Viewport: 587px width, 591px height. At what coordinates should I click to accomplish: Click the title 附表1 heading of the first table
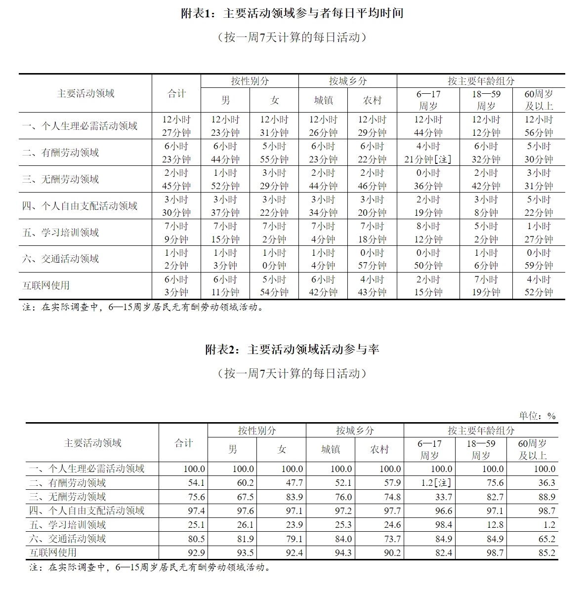[x=293, y=13]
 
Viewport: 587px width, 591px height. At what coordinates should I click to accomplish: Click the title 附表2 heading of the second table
[x=293, y=350]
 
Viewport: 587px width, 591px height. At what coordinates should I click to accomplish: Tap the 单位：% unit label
[x=537, y=416]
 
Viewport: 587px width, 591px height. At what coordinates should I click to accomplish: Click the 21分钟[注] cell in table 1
[x=428, y=159]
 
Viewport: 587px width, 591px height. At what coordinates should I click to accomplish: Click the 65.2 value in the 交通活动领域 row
[x=546, y=539]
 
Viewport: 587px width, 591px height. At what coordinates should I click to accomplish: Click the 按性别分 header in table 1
[x=250, y=81]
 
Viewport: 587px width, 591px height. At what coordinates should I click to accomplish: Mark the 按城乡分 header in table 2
[x=355, y=431]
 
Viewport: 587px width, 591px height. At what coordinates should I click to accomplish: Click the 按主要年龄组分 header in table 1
[x=481, y=81]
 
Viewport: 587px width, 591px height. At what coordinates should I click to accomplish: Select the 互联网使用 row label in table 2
[x=53, y=552]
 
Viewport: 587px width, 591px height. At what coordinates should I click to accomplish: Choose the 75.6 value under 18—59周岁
[x=495, y=483]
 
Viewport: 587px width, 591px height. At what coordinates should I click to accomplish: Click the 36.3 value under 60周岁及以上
[x=546, y=483]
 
